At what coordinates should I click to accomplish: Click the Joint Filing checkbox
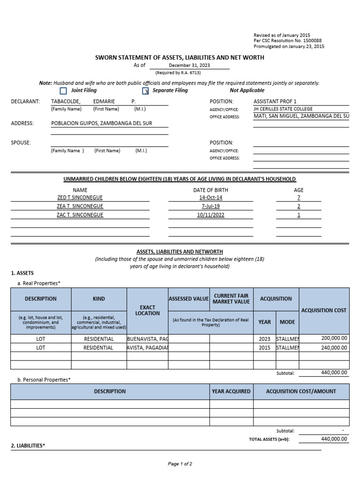(x=63, y=91)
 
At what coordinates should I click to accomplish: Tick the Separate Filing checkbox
(x=145, y=91)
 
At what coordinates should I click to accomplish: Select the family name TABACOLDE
(x=66, y=101)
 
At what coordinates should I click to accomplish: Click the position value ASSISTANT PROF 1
(x=275, y=101)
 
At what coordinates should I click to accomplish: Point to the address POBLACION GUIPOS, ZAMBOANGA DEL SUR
(x=101, y=123)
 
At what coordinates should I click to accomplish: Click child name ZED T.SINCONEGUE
(x=80, y=197)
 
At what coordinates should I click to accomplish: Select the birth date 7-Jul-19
(x=203, y=206)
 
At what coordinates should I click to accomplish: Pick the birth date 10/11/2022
(x=203, y=215)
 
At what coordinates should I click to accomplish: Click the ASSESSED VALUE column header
(x=188, y=299)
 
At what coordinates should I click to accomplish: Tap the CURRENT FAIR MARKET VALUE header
(x=231, y=299)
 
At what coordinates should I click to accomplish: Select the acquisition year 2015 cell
(x=264, y=348)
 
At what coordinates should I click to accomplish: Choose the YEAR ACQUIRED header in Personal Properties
(x=231, y=391)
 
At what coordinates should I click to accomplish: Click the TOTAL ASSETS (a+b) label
(x=269, y=439)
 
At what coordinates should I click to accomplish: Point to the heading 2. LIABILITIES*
(x=28, y=446)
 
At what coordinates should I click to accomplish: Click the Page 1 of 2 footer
(x=180, y=464)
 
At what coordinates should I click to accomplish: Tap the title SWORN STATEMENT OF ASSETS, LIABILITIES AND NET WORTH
(x=180, y=58)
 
